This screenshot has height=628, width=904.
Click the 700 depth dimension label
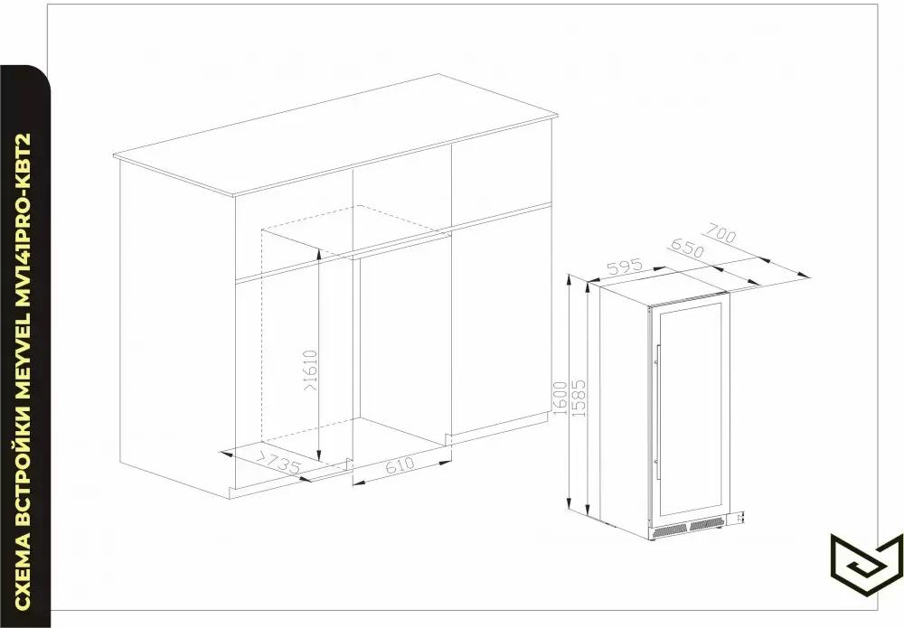[x=719, y=236]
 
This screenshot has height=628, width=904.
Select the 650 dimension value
[x=687, y=248]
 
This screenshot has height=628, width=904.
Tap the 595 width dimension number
[x=625, y=267]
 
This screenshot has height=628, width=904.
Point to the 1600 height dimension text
[x=560, y=398]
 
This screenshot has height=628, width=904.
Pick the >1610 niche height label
[x=310, y=370]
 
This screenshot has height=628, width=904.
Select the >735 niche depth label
[x=278, y=462]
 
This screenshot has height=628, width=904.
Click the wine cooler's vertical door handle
[x=658, y=412]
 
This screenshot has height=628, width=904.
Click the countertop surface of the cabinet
[x=336, y=135]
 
